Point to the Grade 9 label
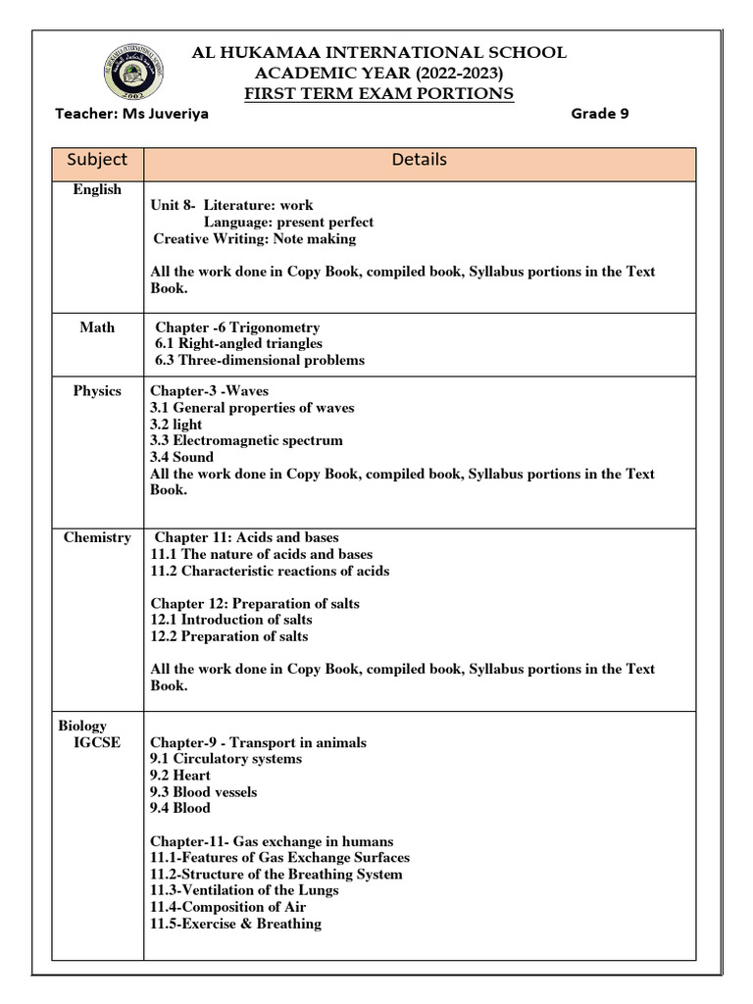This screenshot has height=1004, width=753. (599, 114)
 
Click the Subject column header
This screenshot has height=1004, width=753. (97, 159)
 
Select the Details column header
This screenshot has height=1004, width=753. (419, 159)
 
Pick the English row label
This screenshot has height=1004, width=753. (97, 189)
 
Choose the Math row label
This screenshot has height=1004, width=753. (97, 327)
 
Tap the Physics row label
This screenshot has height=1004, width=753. (97, 390)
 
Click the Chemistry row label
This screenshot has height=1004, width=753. (97, 537)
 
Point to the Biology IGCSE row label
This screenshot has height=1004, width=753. (89, 733)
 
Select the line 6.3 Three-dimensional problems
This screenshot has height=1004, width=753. (260, 360)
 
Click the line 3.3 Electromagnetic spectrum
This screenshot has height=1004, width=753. (246, 440)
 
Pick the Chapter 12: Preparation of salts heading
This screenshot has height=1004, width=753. (255, 603)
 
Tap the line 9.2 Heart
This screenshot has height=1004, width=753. (180, 775)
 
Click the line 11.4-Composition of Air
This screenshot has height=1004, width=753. (228, 907)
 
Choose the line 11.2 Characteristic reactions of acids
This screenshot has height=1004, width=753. (270, 571)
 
